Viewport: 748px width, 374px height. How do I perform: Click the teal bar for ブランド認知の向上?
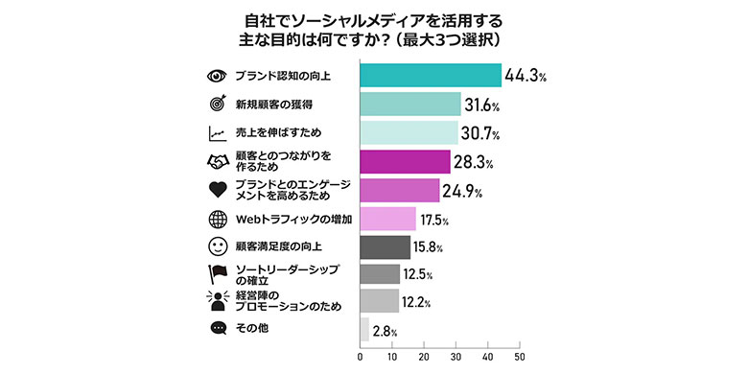pos(431,75)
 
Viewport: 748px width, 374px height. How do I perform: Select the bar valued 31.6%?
pos(410,104)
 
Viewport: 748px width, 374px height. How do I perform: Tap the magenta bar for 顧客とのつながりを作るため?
pos(405,161)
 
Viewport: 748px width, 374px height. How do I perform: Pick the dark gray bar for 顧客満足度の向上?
pos(385,247)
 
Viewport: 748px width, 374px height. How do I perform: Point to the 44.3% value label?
pos(528,75)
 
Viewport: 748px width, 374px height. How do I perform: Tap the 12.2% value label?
pos(417,302)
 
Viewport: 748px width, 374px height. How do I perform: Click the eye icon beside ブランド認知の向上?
pos(217,76)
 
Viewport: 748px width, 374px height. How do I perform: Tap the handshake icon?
pos(217,161)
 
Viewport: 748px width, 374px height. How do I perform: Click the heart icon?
pos(217,190)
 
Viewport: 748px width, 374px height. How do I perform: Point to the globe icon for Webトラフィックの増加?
pos(217,219)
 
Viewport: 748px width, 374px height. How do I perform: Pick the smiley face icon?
pos(217,247)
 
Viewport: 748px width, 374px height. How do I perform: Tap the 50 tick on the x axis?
pos(520,357)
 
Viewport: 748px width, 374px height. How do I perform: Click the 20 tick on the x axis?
pos(424,357)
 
